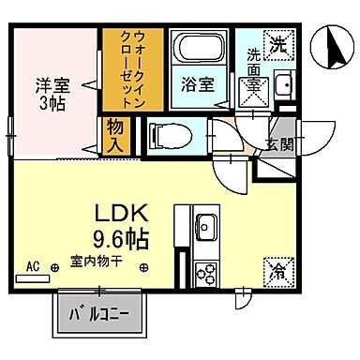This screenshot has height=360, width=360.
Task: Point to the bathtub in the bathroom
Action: (198, 51)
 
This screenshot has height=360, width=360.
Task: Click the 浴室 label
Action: (198, 82)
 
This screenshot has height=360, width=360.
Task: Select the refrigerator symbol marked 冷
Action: (279, 272)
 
